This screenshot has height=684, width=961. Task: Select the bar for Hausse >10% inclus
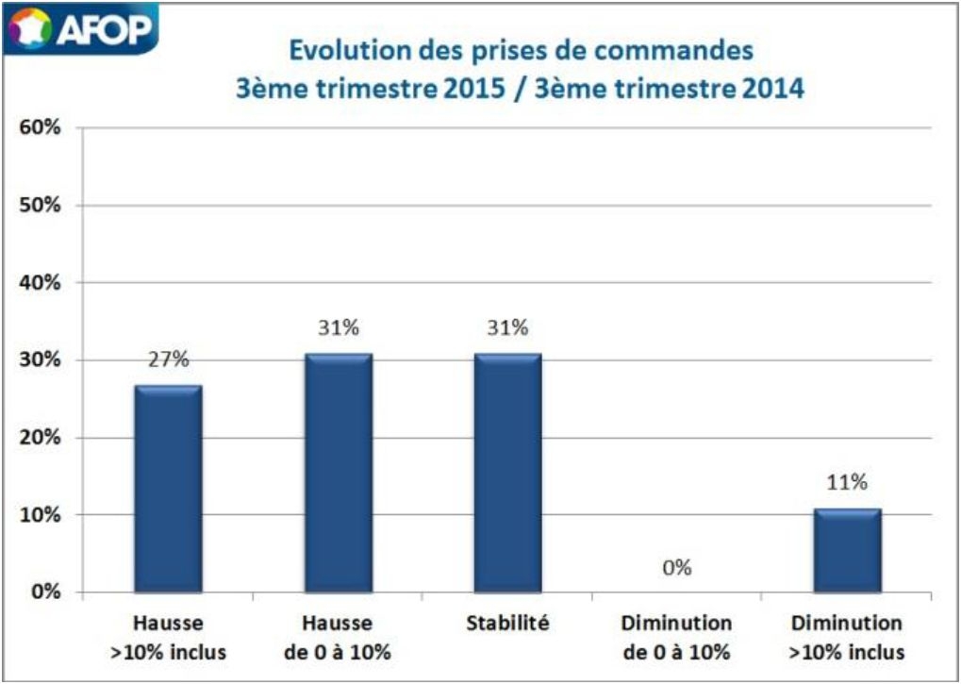click(x=168, y=489)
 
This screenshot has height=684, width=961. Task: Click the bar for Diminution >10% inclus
click(x=847, y=551)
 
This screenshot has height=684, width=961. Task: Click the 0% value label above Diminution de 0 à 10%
click(x=677, y=568)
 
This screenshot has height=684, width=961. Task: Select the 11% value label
click(x=847, y=483)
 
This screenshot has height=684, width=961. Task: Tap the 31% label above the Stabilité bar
click(x=508, y=328)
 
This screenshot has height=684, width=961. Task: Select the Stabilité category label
click(x=507, y=624)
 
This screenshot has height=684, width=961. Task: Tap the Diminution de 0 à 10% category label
click(x=677, y=637)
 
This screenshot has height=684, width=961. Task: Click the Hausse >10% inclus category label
click(x=168, y=637)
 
